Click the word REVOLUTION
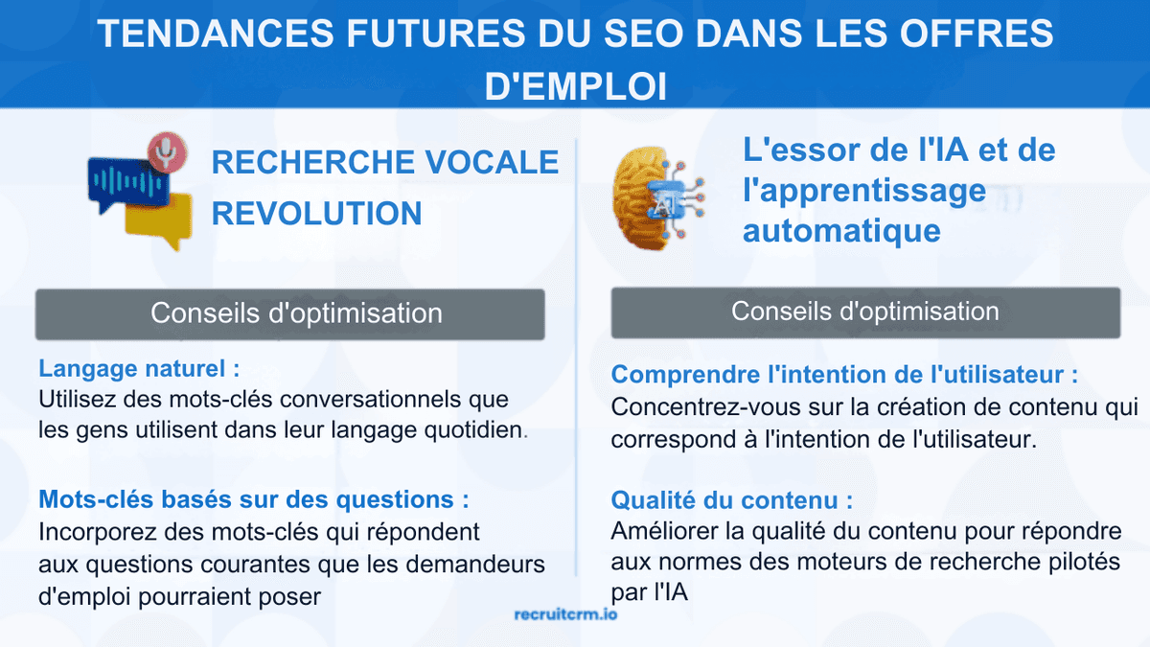[x=316, y=213]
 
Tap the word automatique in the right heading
[x=841, y=230]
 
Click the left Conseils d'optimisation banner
[x=289, y=313]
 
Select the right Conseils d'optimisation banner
[x=864, y=312]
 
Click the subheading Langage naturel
[x=139, y=368]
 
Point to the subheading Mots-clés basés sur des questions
[x=254, y=499]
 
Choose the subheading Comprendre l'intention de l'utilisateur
[x=844, y=374]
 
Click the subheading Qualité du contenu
[x=731, y=500]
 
